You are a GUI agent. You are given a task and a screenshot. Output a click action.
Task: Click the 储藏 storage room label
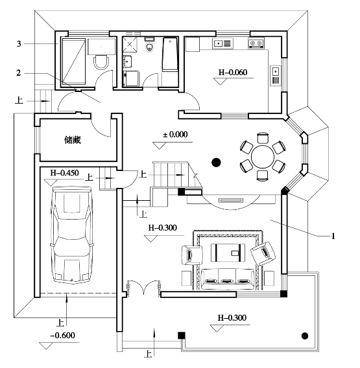click(x=73, y=140)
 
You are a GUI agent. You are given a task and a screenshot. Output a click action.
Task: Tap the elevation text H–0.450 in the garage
click(x=64, y=173)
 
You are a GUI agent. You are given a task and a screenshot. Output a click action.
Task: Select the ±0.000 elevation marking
click(x=175, y=135)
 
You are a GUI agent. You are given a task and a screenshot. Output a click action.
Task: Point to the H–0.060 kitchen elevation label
click(x=233, y=73)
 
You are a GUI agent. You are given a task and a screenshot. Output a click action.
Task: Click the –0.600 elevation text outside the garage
click(x=62, y=336)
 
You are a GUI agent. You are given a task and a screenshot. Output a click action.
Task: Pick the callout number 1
click(x=333, y=236)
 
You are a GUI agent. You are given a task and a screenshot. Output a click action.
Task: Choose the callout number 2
click(x=19, y=73)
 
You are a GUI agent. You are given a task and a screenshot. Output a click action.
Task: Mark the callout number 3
click(x=19, y=43)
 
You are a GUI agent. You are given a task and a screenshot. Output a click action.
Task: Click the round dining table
click(x=263, y=157)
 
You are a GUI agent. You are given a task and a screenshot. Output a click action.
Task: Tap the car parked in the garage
click(x=71, y=235)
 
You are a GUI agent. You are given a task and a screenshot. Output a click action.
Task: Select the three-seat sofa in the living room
click(x=228, y=279)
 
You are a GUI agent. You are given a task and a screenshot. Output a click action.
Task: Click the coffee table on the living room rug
click(x=228, y=253)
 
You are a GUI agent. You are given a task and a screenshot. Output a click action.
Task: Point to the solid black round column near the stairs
click(x=216, y=162)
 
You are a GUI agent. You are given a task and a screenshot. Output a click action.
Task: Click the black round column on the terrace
click(x=305, y=336)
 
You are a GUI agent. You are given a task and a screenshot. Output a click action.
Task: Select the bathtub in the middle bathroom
click(x=170, y=54)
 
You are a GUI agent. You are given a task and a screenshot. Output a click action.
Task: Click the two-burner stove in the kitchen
click(x=256, y=43)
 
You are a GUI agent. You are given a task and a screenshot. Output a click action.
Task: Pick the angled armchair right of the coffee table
click(x=263, y=253)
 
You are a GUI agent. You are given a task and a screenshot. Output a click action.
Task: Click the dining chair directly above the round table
click(x=263, y=138)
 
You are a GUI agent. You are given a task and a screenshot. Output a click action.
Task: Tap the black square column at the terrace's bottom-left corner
click(x=181, y=336)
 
